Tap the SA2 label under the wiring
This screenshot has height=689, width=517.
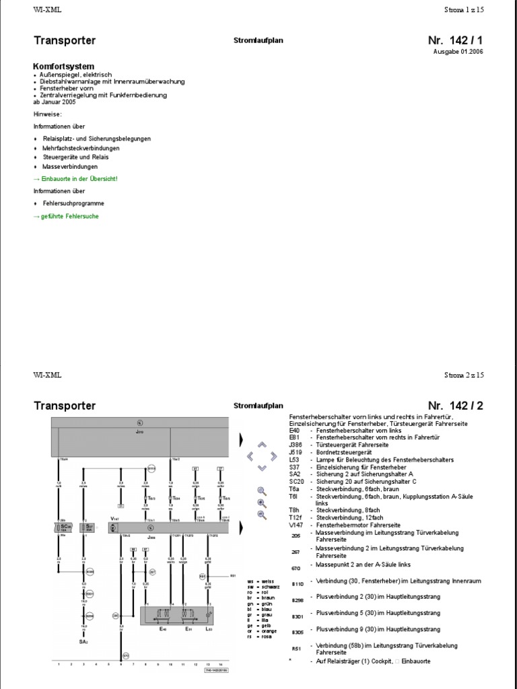coord(84,643)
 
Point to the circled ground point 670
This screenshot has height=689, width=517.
coord(125,655)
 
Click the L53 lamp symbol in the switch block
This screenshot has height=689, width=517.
coord(209,615)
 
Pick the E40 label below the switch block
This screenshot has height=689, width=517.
coord(162,630)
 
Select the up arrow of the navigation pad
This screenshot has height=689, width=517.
coord(263,445)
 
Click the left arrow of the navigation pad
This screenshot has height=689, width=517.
coord(250,456)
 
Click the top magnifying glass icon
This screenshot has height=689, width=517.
coord(262,491)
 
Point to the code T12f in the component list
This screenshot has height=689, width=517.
coord(296,517)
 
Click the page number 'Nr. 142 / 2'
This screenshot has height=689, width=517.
coord(455,405)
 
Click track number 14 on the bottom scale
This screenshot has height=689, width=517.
coord(219,664)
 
